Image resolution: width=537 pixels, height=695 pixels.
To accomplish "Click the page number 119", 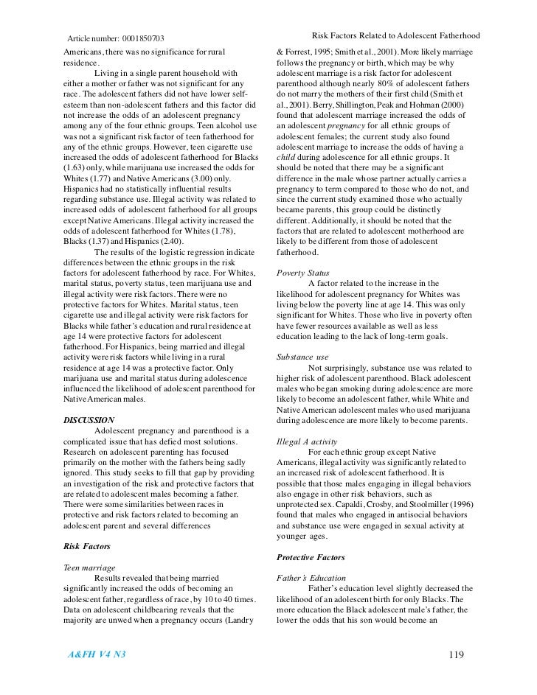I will point(458,654).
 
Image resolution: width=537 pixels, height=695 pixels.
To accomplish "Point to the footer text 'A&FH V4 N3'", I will point(93,654).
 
